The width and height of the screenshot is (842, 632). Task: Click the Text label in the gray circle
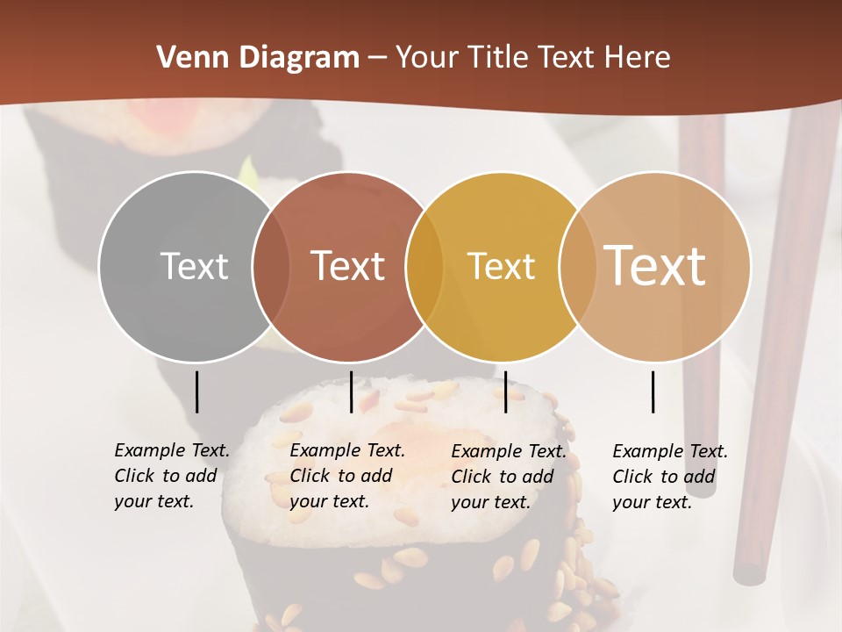point(194,266)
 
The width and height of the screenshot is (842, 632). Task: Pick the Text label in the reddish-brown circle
point(348,266)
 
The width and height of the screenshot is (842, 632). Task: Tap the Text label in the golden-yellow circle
point(501,266)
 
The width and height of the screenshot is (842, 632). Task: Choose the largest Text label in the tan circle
point(655,265)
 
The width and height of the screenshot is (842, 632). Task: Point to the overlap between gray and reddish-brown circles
point(271,267)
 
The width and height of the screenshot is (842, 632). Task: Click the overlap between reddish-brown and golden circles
point(425,267)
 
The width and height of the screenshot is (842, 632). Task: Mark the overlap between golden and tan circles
point(578,267)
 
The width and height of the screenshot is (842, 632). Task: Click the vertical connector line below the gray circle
point(196,391)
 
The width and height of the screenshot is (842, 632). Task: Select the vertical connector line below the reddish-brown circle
point(351,391)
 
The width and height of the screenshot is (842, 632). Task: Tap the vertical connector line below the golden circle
point(505,391)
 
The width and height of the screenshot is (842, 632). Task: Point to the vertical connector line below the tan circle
point(653,391)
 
